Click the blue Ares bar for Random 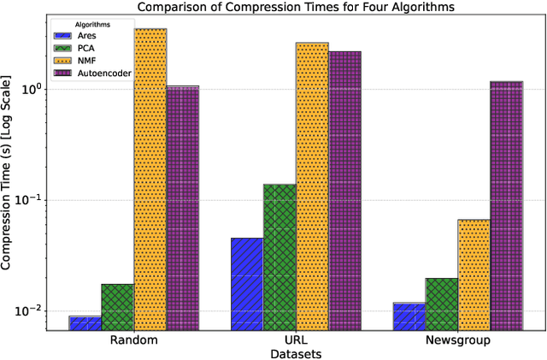coord(85,323)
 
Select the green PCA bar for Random coord(118,307)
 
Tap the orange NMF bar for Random coord(150,180)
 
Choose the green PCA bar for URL coord(279,257)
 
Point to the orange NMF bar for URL coord(312,186)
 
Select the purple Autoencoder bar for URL coord(344,191)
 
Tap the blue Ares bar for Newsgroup coord(409,316)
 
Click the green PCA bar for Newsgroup coord(442,304)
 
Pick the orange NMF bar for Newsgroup coord(474,274)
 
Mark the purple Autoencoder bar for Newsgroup coord(507,205)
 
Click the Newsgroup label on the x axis coord(458,339)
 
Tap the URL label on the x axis coord(296,339)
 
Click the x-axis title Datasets coord(296,351)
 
